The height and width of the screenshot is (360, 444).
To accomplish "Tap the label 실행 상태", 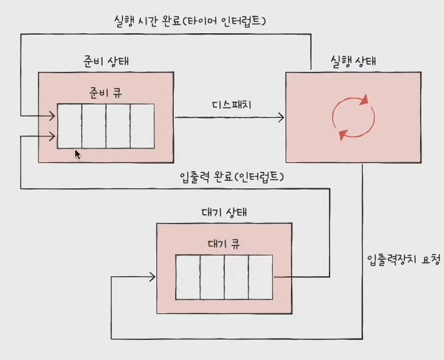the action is (353, 61).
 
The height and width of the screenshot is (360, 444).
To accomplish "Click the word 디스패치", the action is (230, 106).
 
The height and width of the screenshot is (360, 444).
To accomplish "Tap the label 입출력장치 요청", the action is (403, 260).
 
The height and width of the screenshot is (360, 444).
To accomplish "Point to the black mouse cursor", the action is (77, 154).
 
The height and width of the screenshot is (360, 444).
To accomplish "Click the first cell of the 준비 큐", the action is (69, 126).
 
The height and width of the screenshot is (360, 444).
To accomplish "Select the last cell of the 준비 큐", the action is (142, 126).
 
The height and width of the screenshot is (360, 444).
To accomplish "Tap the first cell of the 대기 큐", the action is (188, 275).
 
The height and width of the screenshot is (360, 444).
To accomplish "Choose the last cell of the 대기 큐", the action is (260, 275).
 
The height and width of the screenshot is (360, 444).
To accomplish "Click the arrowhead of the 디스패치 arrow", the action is (281, 118).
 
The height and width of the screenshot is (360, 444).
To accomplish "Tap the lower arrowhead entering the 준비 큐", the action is (52, 137).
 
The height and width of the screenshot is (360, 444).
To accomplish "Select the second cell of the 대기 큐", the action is (212, 275).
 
